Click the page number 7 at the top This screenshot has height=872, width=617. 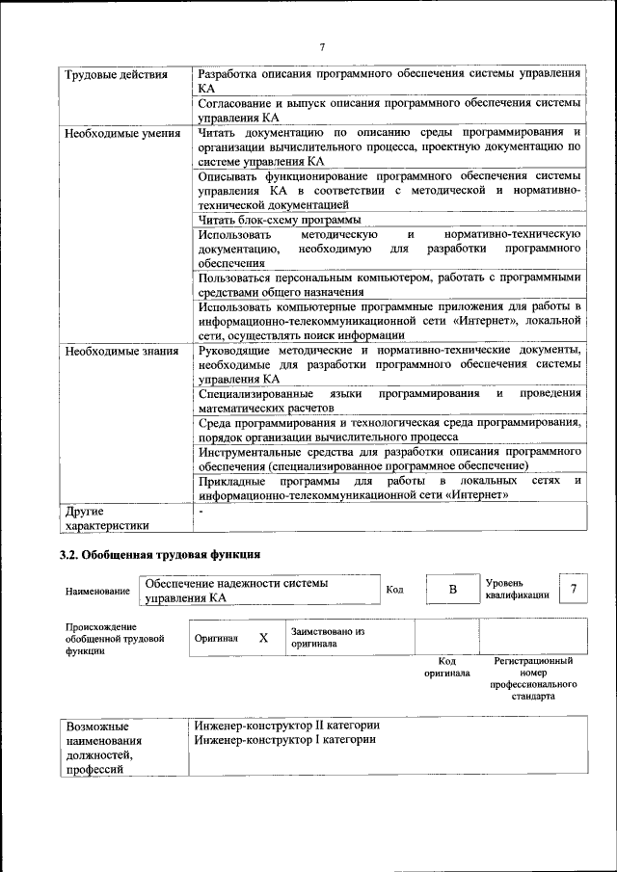pos(322,45)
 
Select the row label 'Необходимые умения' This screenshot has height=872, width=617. pos(122,133)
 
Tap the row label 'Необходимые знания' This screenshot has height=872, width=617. pos(121,351)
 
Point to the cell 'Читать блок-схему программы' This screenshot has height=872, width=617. pos(273,220)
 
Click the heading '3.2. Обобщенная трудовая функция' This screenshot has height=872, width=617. pos(160,555)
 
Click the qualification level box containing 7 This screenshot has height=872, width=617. pos(575,589)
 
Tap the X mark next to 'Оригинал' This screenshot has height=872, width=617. pos(263,638)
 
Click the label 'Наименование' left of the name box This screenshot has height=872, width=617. pos(97,591)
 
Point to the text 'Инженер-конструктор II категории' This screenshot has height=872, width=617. pos(287,725)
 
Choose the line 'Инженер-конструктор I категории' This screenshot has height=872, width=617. pos(284,739)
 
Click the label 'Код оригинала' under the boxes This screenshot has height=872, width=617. pos(446,667)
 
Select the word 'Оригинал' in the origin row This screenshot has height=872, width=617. pos(216,638)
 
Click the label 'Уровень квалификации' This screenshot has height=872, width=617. pos(518,589)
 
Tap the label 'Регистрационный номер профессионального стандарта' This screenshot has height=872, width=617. pos(533,678)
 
